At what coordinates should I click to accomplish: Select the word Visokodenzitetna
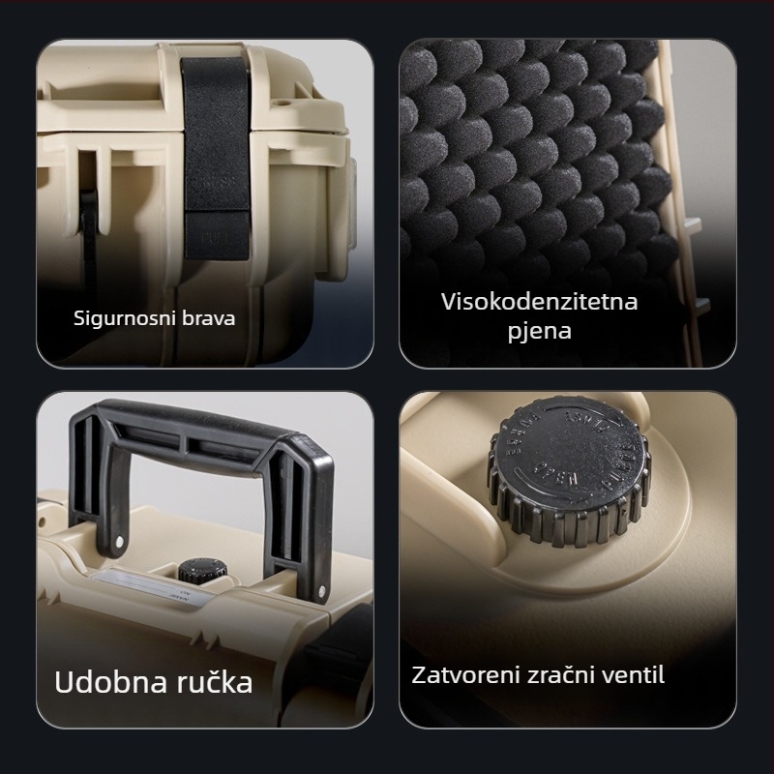point(539,302)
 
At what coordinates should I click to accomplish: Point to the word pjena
point(539,332)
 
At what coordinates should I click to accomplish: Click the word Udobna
point(101,681)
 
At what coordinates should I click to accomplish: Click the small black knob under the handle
point(199,571)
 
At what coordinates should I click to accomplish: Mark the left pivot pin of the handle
point(121,539)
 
